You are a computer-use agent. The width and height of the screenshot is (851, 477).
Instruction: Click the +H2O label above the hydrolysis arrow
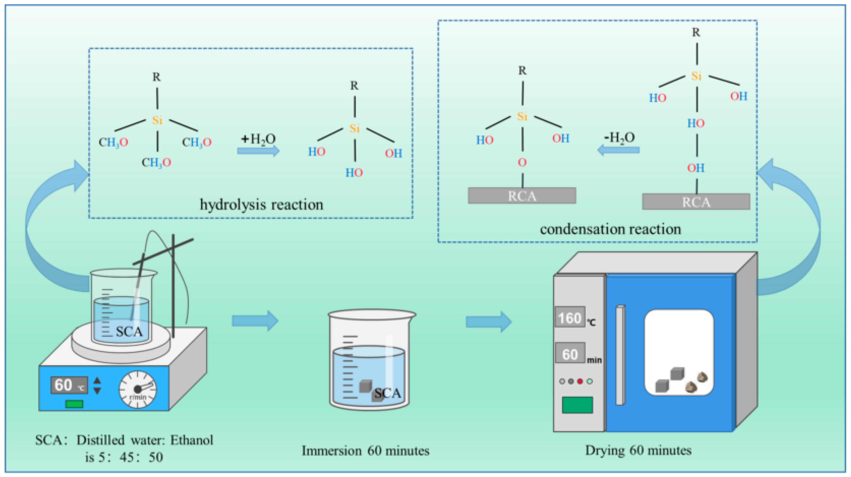258,139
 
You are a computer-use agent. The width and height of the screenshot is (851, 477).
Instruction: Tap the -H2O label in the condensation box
619,138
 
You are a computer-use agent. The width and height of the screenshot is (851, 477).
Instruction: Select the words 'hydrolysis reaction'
262,205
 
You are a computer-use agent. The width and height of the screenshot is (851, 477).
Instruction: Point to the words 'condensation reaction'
610,229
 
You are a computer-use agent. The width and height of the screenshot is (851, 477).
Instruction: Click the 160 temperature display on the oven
570,317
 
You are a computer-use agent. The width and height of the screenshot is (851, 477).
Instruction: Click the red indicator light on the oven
580,381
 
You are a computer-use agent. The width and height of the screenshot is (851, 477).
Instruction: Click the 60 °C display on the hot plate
69,385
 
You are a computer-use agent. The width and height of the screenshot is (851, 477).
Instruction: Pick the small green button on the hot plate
74,404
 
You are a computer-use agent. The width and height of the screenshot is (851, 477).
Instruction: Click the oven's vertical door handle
620,355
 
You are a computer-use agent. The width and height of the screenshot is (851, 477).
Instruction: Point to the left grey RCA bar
522,196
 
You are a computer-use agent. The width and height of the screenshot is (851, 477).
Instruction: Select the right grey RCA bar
696,202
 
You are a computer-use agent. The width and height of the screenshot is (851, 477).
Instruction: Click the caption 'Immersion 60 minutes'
365,451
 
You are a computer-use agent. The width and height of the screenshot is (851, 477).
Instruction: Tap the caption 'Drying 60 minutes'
638,451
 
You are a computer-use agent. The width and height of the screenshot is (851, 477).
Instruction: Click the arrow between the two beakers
255,321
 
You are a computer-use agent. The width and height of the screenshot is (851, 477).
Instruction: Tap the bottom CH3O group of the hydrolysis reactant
156,162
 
